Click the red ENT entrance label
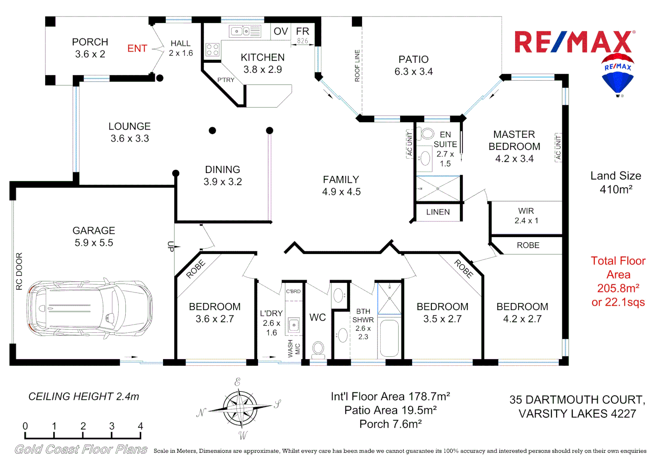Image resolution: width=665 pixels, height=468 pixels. click(x=137, y=49)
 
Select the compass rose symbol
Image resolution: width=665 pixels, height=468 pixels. click(x=239, y=408)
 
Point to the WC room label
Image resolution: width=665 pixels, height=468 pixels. click(x=317, y=318)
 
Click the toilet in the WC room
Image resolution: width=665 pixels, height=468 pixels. click(x=318, y=349)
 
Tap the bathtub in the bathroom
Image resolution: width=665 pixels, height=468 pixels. click(x=389, y=338)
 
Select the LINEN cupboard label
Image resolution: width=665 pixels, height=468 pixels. click(x=438, y=212)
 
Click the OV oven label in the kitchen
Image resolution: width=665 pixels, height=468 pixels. click(x=280, y=31)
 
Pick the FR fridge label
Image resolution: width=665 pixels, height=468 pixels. click(x=303, y=31)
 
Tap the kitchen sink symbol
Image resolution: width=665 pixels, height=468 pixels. click(x=245, y=32)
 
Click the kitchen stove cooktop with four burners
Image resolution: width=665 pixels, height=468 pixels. click(x=212, y=49)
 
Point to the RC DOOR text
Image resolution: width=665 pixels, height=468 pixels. click(x=19, y=271)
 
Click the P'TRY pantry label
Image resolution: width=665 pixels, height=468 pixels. click(x=226, y=80)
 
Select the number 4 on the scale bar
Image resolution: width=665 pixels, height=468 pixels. click(x=140, y=426)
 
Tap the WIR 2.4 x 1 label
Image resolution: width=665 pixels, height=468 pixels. click(x=526, y=216)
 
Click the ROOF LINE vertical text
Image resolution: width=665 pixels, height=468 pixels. click(x=357, y=66)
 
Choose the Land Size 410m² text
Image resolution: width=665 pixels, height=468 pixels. click(x=616, y=182)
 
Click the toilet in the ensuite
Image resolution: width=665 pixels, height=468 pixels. click(x=427, y=133)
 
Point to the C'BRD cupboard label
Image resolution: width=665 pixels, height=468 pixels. click(x=293, y=291)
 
